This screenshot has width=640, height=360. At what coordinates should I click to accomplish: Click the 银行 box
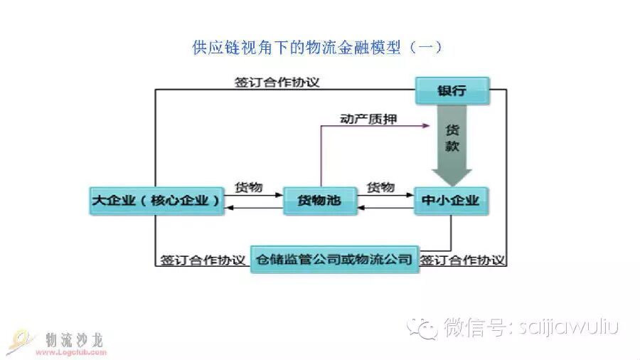click(452, 91)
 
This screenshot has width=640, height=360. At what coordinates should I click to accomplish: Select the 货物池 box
click(319, 201)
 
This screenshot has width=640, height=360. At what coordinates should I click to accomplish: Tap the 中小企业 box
click(452, 201)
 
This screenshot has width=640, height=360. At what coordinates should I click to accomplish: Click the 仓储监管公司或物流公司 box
click(334, 260)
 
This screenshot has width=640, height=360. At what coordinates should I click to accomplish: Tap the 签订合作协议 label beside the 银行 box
click(277, 82)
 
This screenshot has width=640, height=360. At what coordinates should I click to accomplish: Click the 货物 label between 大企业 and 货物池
click(249, 188)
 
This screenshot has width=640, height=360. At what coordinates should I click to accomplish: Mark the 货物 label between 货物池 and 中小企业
click(380, 188)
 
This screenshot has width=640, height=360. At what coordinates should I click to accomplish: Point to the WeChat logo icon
click(427, 328)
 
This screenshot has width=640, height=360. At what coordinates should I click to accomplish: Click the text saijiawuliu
click(570, 327)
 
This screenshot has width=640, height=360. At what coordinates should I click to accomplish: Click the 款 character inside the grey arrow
click(452, 147)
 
